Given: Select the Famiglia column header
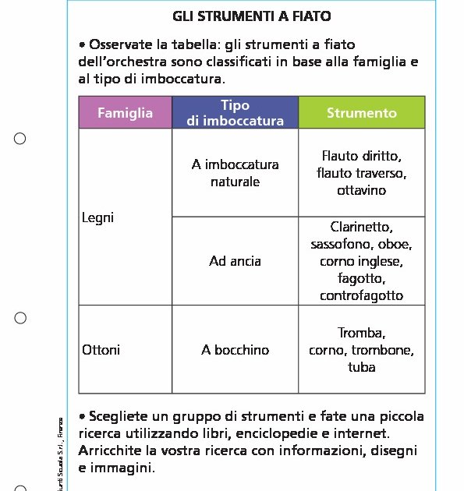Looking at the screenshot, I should (x=125, y=113).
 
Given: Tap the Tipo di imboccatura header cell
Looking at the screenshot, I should (x=235, y=113).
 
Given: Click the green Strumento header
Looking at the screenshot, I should (x=361, y=113).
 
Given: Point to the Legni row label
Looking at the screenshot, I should (x=97, y=217).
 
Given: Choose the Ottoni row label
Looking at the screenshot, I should (x=101, y=350).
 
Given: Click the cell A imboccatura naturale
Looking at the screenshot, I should (x=235, y=173).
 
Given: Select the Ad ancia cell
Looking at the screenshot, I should (x=235, y=261).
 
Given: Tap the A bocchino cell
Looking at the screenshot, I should (x=235, y=350).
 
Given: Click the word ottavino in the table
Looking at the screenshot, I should (x=361, y=190).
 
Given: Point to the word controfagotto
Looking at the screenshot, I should (x=361, y=295).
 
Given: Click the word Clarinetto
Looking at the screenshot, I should (x=361, y=228).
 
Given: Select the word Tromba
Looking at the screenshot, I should (x=361, y=333).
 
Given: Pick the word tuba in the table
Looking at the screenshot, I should (x=362, y=367).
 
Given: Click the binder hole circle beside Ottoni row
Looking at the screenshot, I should (x=20, y=318).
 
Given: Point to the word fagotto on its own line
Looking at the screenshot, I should (x=361, y=278).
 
